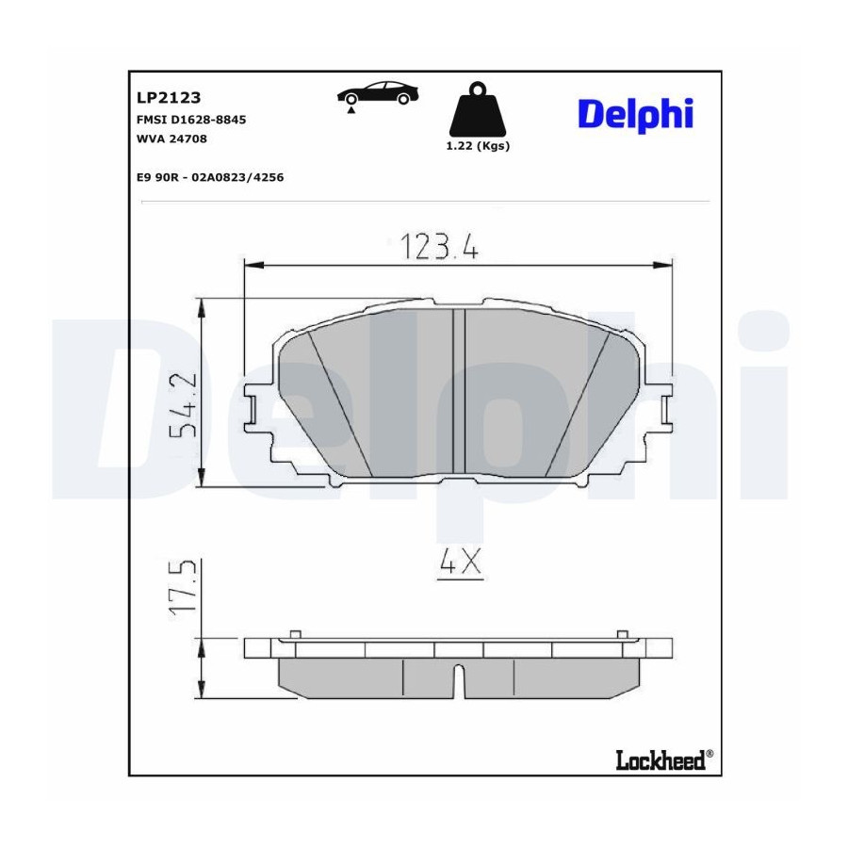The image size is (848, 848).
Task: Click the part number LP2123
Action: pos(169,97)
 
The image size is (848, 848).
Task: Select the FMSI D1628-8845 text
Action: pos(191,120)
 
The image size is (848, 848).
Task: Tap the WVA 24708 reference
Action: pos(172,139)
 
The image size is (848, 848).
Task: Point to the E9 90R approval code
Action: pos(210,177)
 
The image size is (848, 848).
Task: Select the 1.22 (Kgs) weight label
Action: pos(478,145)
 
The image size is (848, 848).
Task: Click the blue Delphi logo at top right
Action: pos(635,115)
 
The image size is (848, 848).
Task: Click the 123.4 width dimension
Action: pos(439,247)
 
